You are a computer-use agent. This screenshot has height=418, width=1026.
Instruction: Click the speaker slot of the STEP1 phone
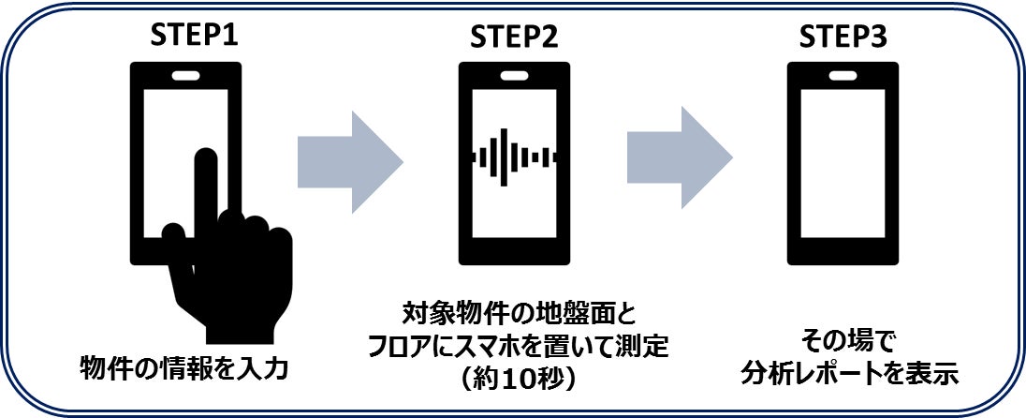point(185,75)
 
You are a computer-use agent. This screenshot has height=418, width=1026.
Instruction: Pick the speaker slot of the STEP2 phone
point(514,75)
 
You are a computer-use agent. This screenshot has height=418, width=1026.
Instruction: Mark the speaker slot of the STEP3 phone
point(843,75)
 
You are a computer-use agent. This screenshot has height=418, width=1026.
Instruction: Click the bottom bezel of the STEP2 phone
point(514,251)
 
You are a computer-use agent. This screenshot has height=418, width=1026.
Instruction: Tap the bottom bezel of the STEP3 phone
point(843,251)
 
